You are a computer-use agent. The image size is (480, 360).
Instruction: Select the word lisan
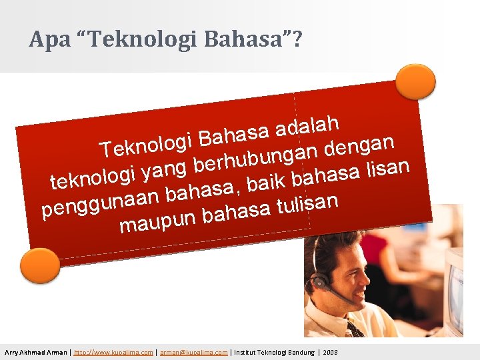coord(388,167)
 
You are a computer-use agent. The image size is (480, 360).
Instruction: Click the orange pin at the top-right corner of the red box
coord(415,82)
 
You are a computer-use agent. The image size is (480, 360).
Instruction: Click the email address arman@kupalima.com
coord(193,352)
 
